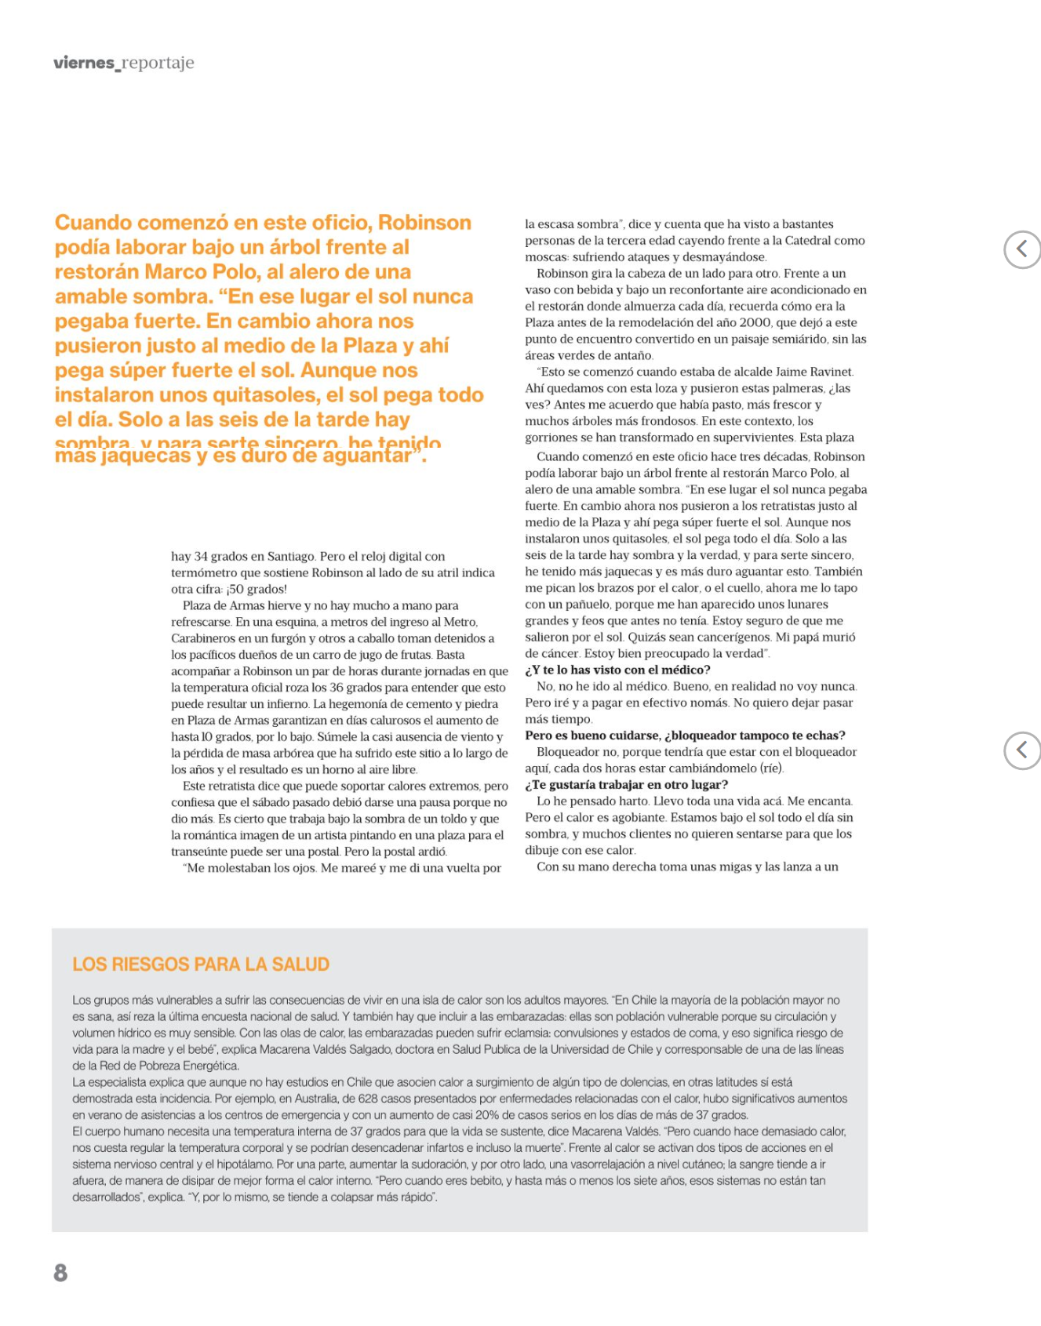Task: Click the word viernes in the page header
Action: [x=84, y=63]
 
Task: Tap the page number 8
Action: [x=60, y=1273]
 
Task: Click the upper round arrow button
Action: [x=1021, y=249]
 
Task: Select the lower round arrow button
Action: [x=1021, y=750]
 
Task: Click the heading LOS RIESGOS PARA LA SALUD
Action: [x=201, y=964]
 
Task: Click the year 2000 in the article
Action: [x=755, y=322]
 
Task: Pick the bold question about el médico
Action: [x=617, y=670]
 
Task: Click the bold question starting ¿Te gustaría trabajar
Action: [x=626, y=784]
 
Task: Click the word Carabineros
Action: [x=204, y=638]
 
